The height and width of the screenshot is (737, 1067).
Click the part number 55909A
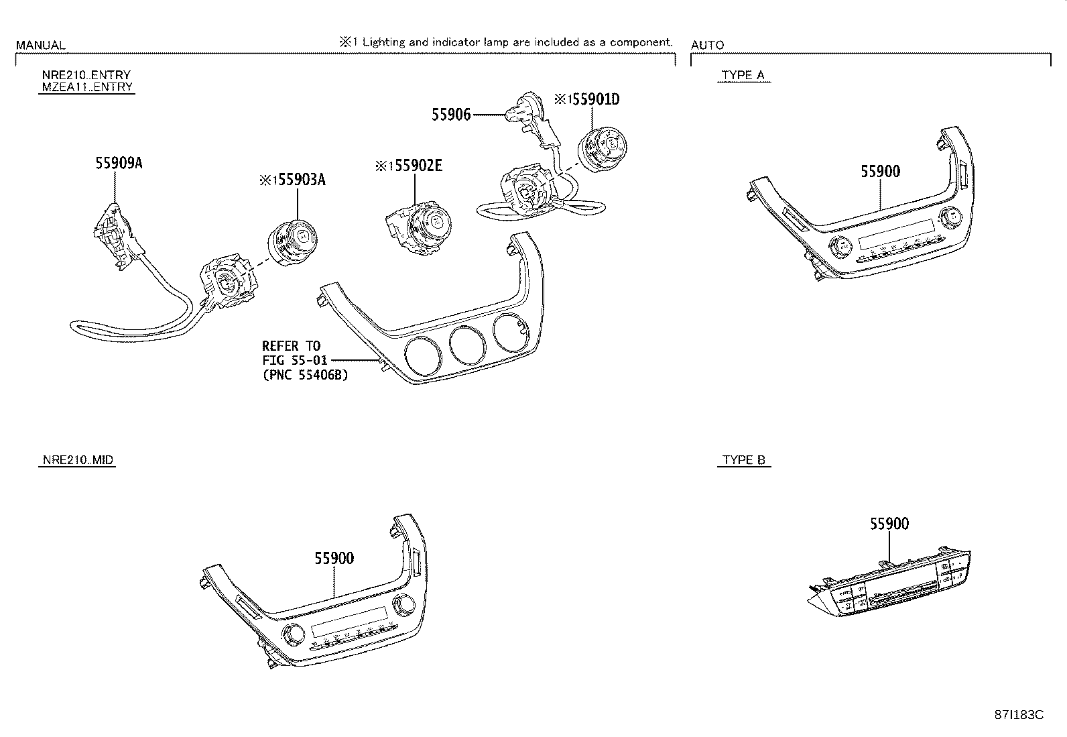118,163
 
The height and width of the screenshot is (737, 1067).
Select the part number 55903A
298,180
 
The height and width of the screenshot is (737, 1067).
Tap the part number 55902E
416,165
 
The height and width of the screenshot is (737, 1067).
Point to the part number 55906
451,115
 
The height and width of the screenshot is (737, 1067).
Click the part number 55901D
593,99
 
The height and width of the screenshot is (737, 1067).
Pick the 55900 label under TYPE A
880,171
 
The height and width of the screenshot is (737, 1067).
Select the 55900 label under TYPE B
889,524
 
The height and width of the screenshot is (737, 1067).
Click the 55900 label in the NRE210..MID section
334,558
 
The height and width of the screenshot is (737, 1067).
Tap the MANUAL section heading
40,45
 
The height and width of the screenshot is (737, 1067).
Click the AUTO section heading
707,45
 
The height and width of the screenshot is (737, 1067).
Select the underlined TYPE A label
743,75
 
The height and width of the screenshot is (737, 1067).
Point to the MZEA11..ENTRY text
86,87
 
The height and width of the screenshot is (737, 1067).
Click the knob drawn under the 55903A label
293,241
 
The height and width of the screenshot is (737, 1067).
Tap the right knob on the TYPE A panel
950,217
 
